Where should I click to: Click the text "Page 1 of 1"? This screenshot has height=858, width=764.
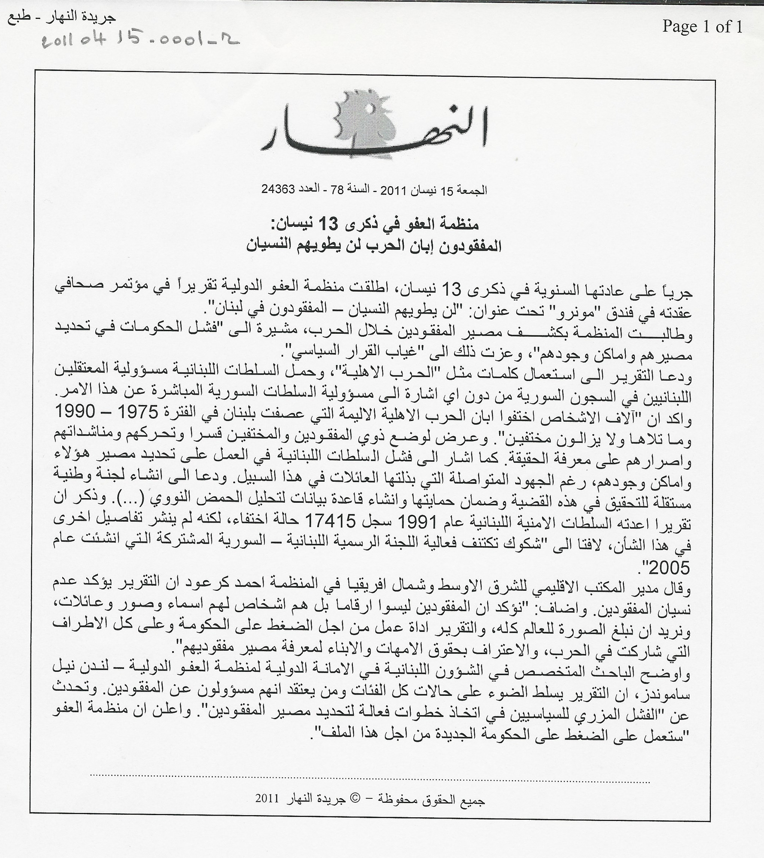(x=702, y=27)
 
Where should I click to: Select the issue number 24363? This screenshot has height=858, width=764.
(x=278, y=189)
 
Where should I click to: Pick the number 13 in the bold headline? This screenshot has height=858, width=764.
(x=342, y=224)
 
